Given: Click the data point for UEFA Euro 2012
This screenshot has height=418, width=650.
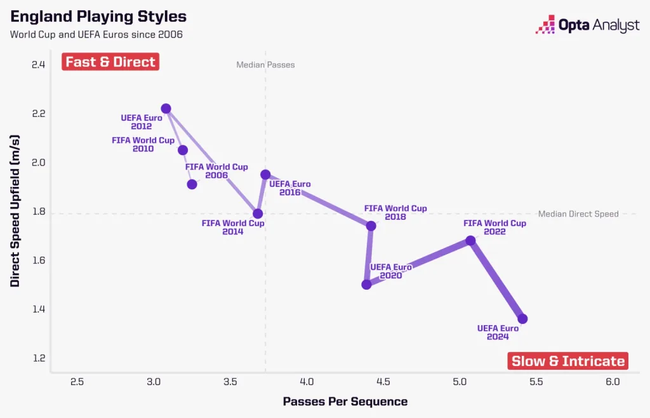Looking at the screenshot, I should click(x=166, y=109).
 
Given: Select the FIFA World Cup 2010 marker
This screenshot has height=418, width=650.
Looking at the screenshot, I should click(x=183, y=150).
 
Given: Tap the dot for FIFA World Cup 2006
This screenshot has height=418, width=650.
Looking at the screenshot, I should click(x=192, y=184).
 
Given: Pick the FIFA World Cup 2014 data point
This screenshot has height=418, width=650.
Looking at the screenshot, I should click(x=258, y=213).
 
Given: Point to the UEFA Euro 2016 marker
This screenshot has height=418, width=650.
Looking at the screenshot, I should click(x=265, y=174).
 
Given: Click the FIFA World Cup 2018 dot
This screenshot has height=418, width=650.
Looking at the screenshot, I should click(x=371, y=226).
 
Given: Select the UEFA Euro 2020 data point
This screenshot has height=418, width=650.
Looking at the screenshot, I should click(x=366, y=285).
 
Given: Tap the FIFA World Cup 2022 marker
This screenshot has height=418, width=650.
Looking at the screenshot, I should click(x=470, y=240).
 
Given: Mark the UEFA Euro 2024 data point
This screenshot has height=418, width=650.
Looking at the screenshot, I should click(x=522, y=318).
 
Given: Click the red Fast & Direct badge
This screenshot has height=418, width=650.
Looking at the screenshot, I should click(x=110, y=62).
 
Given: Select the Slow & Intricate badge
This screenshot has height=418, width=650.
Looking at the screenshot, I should click(x=568, y=361).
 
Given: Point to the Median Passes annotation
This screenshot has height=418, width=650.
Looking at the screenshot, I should click(x=265, y=65).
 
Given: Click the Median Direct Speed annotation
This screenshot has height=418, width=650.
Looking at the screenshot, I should click(x=578, y=214).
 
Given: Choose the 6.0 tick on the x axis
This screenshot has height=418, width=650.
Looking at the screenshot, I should click(x=613, y=382).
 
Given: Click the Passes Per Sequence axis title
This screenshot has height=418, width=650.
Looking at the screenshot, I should click(x=345, y=401).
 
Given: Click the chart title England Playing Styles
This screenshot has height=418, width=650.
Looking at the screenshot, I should click(x=98, y=15).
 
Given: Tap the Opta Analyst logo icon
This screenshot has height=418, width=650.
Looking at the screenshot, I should click(x=545, y=25).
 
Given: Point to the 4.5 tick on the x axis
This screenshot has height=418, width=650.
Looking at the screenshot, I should click(x=383, y=382).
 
